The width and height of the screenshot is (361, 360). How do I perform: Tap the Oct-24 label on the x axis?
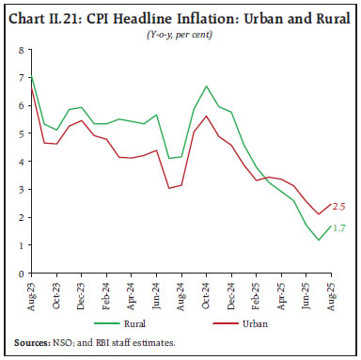pos(205,293)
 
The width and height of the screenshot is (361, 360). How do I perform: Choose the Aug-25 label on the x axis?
pos(326,293)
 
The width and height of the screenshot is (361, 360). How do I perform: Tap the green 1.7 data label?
pos(340,227)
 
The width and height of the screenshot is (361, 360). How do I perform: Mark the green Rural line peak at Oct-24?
pos(206,86)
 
